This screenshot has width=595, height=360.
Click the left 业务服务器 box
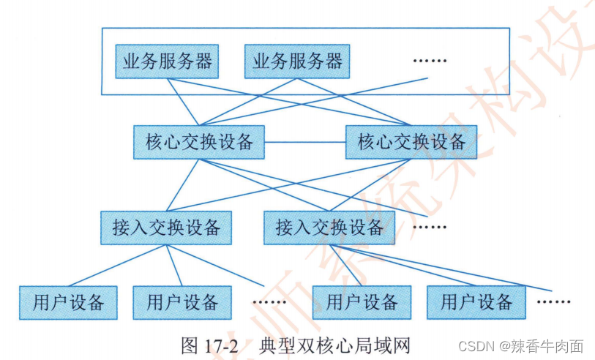[x=168, y=61]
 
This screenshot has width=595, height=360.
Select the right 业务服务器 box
[x=296, y=61]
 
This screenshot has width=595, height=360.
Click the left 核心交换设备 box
[x=199, y=142]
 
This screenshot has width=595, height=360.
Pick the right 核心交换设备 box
[x=411, y=142]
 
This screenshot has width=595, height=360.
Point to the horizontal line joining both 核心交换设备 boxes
[x=304, y=142]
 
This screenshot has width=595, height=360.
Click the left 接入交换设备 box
[x=165, y=228]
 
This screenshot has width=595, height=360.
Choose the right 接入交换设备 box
[x=329, y=228]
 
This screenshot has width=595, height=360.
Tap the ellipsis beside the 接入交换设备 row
[x=429, y=227]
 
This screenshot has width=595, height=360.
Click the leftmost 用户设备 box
[x=68, y=302]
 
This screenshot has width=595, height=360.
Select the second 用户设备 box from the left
[x=182, y=302]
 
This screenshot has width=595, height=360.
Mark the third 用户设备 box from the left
[x=362, y=302]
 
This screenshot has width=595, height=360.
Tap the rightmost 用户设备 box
[x=476, y=302]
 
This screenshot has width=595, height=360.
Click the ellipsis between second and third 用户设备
[x=269, y=301]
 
